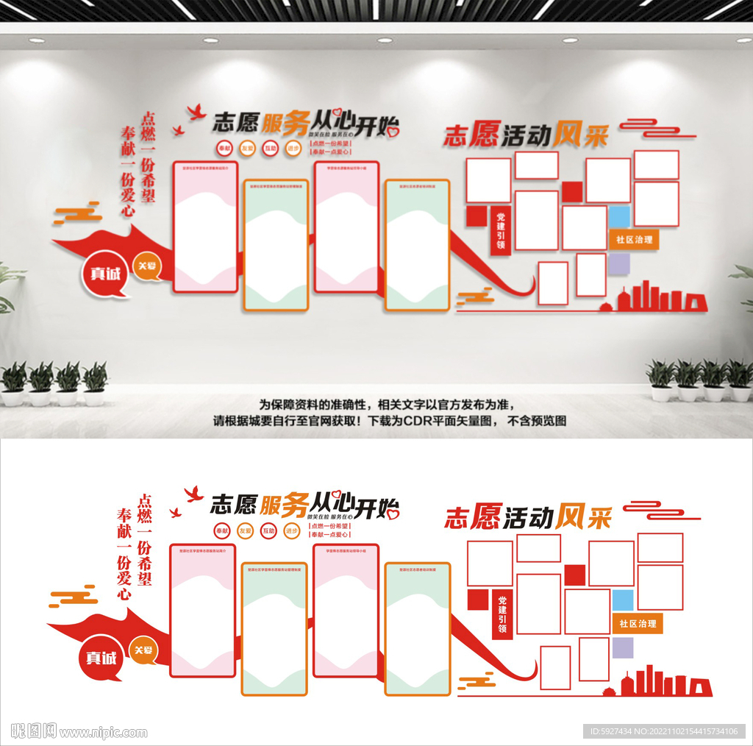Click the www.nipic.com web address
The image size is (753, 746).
[104, 733]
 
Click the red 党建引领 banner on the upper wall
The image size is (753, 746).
[501, 231]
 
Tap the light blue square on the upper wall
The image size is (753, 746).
[619, 217]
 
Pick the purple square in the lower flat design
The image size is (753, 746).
[622, 647]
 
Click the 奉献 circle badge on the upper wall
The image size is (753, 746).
[224, 149]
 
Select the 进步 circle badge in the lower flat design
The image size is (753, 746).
[292, 530]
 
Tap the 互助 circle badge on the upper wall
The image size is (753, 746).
[271, 149]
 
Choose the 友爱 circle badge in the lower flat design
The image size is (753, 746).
[245, 530]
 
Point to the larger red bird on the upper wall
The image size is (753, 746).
[196, 112]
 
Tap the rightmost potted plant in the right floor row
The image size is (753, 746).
[739, 381]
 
